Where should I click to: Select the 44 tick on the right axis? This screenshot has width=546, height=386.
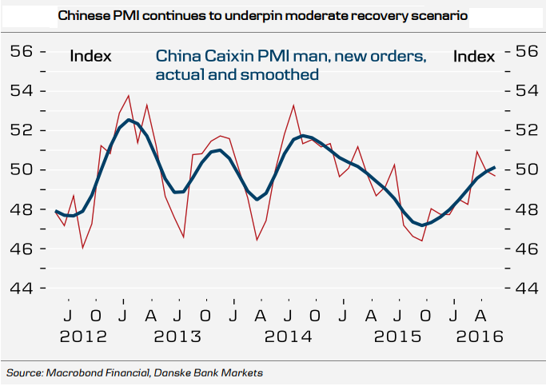pyautogui.click(x=524, y=288)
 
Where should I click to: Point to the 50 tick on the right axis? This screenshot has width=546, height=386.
pyautogui.click(x=524, y=169)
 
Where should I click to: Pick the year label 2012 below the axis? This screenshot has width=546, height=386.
pyautogui.click(x=82, y=336)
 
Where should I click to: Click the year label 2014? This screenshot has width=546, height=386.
pyautogui.click(x=288, y=336)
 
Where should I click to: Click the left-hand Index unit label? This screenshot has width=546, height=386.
pyautogui.click(x=90, y=56)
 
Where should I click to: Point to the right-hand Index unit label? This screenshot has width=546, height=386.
pyautogui.click(x=474, y=56)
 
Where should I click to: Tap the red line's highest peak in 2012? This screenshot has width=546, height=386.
pyautogui.click(x=128, y=96)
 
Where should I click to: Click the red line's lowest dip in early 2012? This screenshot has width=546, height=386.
pyautogui.click(x=83, y=248)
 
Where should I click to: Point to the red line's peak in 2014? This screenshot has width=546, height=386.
pyautogui.click(x=293, y=105)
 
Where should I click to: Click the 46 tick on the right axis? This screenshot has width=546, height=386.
pyautogui.click(x=524, y=249)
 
